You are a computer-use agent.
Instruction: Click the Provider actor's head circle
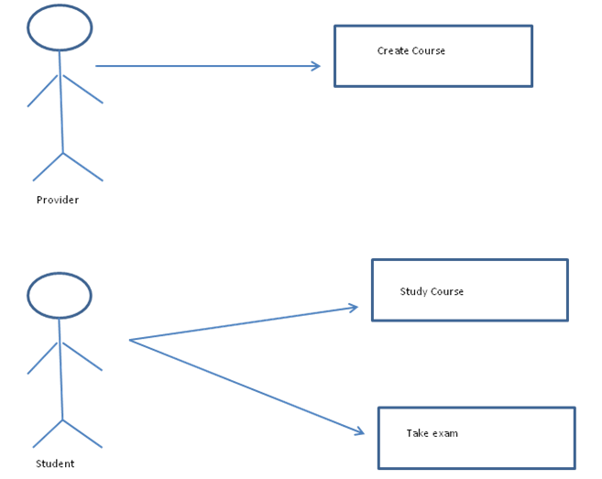coord(60,27)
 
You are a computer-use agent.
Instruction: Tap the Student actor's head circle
coord(60,295)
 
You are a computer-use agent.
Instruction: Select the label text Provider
coord(58,200)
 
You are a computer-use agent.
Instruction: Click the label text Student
coord(55,463)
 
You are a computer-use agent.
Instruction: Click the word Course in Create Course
coord(429,51)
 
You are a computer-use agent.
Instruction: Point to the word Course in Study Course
coord(447,292)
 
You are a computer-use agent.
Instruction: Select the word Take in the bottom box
coord(417,433)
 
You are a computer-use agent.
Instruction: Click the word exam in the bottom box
coord(445,433)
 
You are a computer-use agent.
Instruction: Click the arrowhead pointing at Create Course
coord(316,66)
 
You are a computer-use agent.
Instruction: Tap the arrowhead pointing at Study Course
coord(353,308)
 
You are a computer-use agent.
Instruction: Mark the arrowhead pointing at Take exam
coord(359,431)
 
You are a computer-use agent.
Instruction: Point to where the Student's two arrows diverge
coord(130,340)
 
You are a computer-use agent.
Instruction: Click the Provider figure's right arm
coord(82,89)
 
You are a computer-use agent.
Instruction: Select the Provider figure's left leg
coord(48,167)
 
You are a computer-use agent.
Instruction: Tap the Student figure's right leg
coord(82,433)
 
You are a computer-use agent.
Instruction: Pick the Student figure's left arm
coord(43,358)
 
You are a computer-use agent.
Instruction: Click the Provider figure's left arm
coord(43,91)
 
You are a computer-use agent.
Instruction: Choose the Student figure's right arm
coord(82,356)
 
